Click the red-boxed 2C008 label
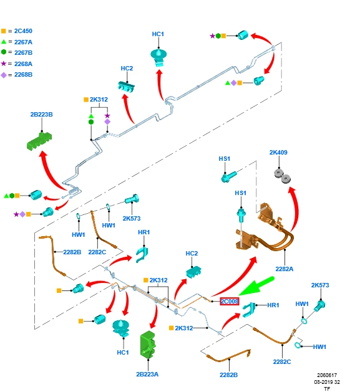[230, 301]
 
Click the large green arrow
[256, 286]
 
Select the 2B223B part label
[42, 115]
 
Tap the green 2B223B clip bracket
[39, 141]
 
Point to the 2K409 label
[278, 153]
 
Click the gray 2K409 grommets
[283, 176]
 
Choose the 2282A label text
[285, 269]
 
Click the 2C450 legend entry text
[23, 31]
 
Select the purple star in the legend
[4, 64]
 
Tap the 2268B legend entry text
[23, 75]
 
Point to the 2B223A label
[147, 375]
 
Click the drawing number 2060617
[327, 375]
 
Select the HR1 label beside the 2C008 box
[273, 305]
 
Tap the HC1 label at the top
[158, 34]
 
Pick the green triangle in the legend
[4, 42]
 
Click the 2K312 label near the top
[99, 100]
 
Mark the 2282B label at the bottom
[228, 375]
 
